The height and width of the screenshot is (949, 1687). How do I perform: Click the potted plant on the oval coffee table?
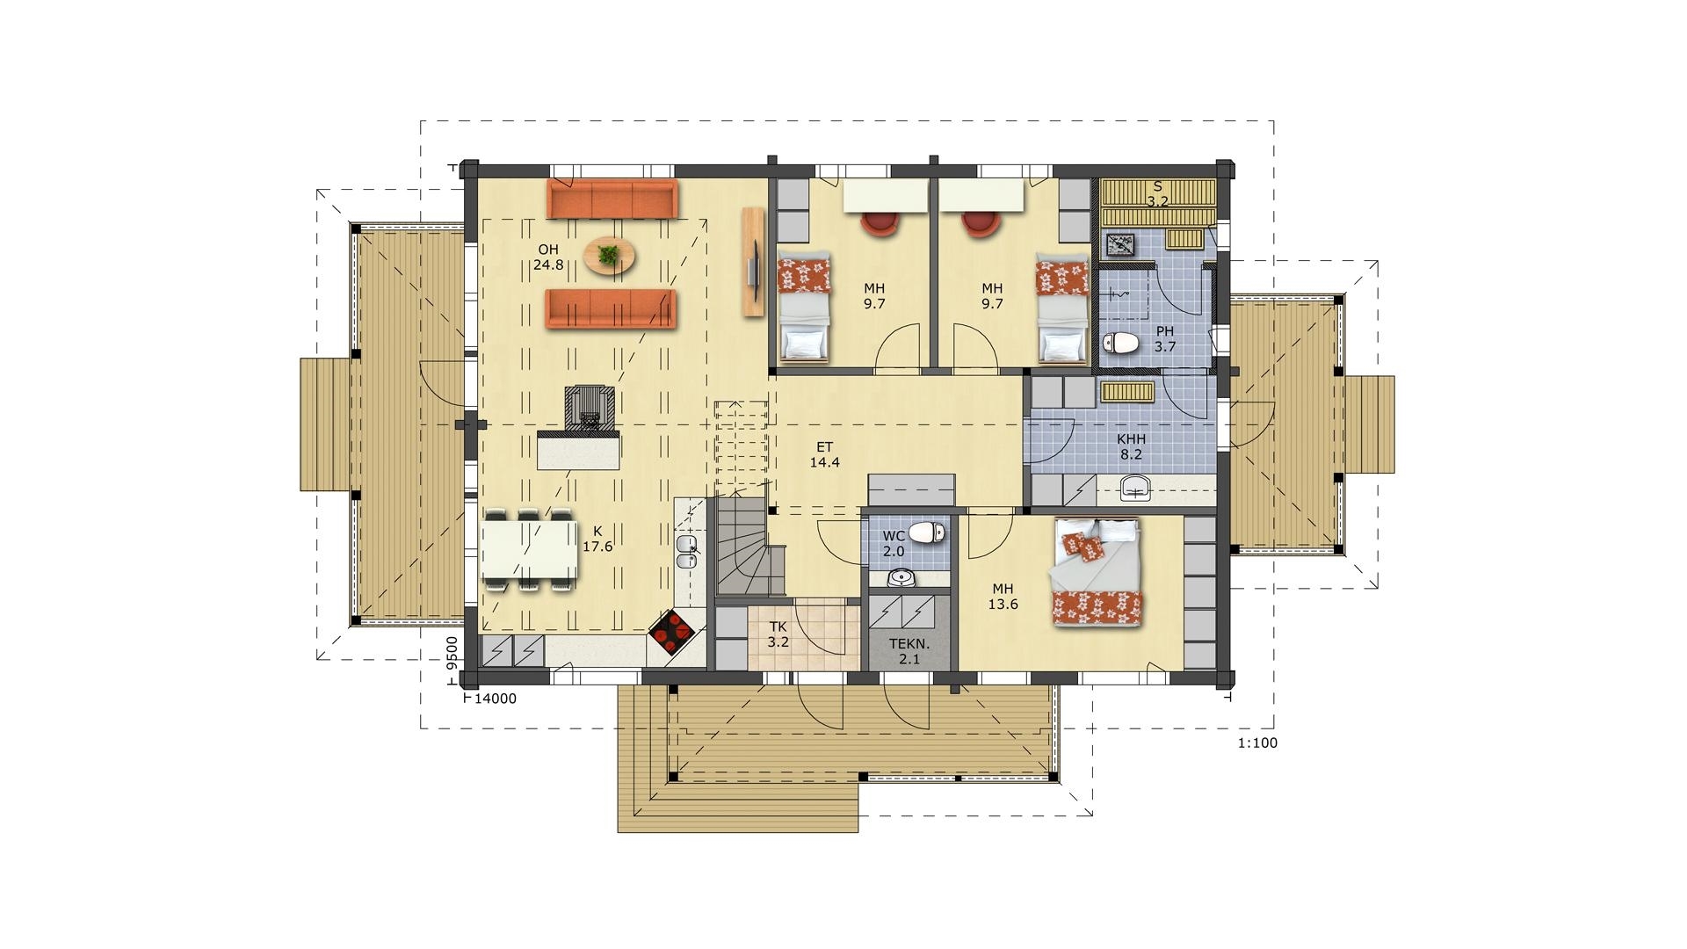[607, 255]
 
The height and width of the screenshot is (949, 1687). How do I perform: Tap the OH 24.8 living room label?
[548, 257]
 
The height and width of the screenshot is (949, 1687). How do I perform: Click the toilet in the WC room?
[926, 532]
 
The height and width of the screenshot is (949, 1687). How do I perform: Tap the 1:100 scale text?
[1257, 743]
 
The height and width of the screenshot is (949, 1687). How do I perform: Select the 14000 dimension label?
[496, 699]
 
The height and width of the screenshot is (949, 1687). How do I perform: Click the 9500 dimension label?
[452, 654]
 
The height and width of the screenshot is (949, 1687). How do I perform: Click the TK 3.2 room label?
[778, 634]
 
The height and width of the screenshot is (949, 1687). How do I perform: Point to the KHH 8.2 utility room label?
[1131, 447]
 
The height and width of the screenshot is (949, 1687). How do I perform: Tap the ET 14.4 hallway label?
[823, 454]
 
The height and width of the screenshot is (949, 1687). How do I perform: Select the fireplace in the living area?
[588, 410]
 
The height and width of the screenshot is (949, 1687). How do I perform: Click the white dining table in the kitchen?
[529, 550]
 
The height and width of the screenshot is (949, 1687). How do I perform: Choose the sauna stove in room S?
[1119, 244]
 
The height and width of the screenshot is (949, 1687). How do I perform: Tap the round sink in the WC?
[901, 578]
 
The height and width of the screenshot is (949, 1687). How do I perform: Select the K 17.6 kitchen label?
[597, 539]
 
